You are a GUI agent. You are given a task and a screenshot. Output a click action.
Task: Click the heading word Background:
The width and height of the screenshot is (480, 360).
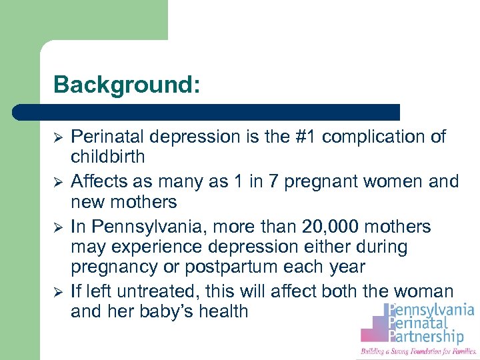pos(127,85)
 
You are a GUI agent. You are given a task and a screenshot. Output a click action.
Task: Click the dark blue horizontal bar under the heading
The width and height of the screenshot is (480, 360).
pos(213,112)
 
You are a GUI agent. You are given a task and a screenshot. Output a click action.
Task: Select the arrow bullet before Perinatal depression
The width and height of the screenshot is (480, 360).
pos(58,137)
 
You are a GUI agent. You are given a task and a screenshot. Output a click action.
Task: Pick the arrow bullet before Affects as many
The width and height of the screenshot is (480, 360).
pos(58,181)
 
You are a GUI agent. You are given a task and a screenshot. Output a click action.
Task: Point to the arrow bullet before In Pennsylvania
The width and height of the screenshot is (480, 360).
pos(58,227)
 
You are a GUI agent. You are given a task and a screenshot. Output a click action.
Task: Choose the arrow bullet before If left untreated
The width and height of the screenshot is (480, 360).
pos(58,291)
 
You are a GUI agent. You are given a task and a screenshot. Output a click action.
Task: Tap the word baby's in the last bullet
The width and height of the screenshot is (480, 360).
pos(164,311)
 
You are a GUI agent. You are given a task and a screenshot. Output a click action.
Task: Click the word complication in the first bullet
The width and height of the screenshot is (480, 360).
pos(378,137)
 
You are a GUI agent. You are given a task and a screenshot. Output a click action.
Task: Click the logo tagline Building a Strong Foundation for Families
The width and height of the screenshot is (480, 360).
pos(418,351)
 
